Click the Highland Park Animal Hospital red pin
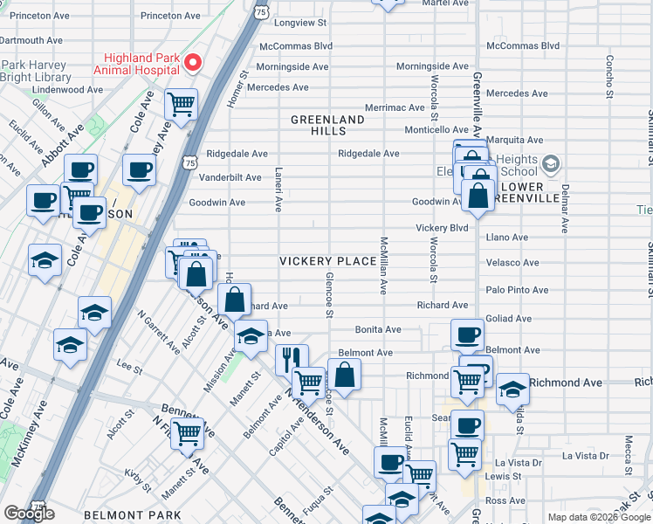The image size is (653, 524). [193, 63]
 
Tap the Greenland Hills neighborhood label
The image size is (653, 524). [327, 125]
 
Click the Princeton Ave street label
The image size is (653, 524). [171, 16]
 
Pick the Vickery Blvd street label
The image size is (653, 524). [442, 228]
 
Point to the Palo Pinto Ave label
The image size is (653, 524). [517, 290]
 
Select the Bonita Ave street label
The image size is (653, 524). [378, 329]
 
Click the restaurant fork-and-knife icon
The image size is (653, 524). [291, 357]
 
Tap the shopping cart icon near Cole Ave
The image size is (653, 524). [182, 105]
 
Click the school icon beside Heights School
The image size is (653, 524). [551, 163]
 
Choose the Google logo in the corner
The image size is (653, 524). [28, 514]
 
